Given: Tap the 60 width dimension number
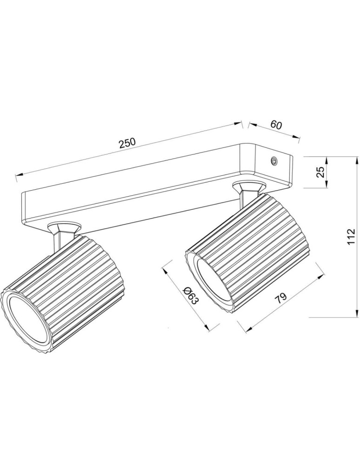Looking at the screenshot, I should [x=276, y=125].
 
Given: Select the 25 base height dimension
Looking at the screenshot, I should [x=320, y=173].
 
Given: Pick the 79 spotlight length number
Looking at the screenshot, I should [x=281, y=298].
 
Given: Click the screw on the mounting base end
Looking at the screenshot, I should [x=275, y=161].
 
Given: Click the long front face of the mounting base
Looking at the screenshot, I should [x=130, y=195].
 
